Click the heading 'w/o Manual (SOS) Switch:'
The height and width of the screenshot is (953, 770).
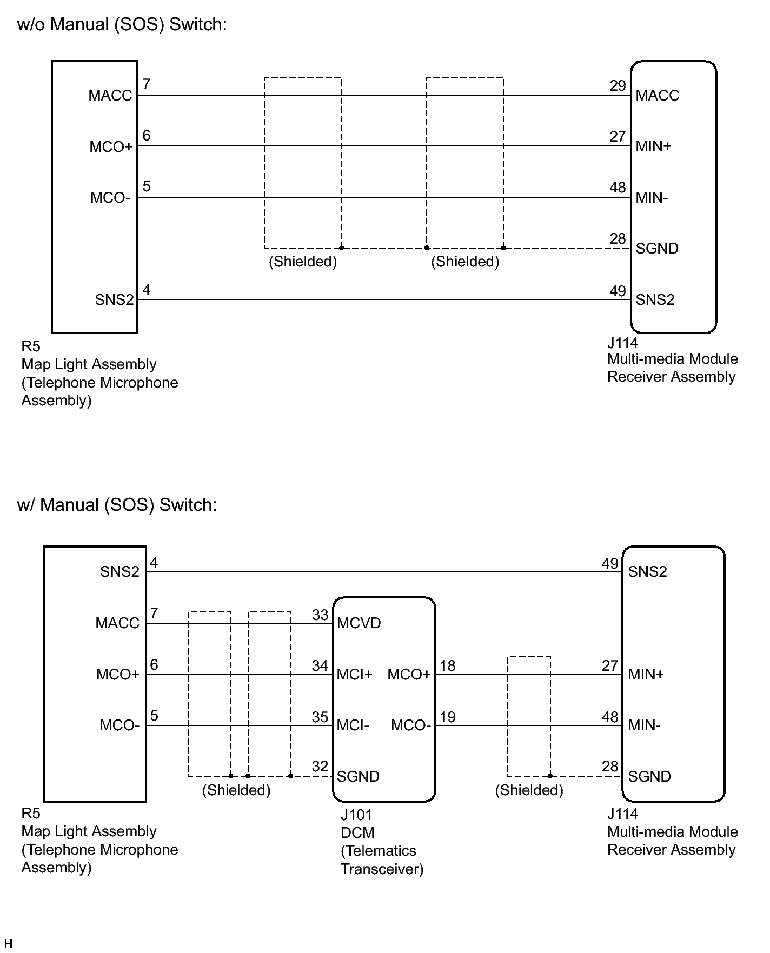click(x=122, y=24)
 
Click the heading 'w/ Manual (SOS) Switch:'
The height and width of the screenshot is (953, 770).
click(x=117, y=504)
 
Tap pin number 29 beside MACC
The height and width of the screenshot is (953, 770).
click(x=618, y=86)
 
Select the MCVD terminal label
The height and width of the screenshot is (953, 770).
click(x=359, y=623)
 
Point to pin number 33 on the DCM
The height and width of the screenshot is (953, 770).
click(x=320, y=615)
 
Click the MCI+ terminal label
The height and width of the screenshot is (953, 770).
click(x=355, y=674)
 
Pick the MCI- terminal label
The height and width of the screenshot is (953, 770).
click(x=353, y=725)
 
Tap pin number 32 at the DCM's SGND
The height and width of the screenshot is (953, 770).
click(x=320, y=766)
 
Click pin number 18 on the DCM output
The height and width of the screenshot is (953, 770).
click(x=448, y=665)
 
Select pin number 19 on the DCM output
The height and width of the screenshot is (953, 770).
click(x=448, y=717)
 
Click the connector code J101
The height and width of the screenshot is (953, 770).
click(x=356, y=815)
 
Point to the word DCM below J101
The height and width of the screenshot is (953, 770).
click(x=357, y=832)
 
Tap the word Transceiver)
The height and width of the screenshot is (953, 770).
click(x=382, y=869)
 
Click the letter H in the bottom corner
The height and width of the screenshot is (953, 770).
click(x=8, y=944)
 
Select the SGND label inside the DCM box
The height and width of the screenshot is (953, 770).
click(x=358, y=776)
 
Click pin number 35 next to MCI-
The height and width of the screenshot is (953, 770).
click(x=320, y=717)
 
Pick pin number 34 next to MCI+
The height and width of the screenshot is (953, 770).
click(x=320, y=665)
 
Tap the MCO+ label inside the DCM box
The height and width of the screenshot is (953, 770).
click(x=409, y=674)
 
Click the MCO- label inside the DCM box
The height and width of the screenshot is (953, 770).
click(x=411, y=725)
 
